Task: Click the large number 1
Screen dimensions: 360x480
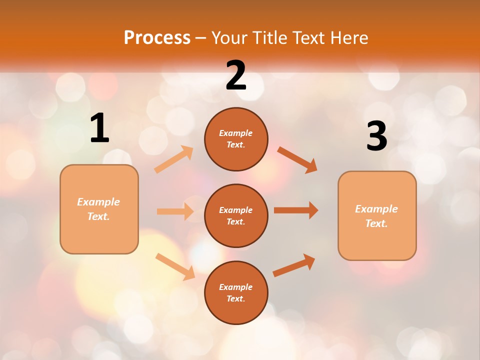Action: (x=99, y=128)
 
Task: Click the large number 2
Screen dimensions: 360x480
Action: (x=236, y=75)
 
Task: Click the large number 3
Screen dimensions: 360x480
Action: (x=376, y=136)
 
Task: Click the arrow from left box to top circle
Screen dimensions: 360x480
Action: (x=174, y=159)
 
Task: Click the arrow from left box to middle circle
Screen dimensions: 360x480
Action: (x=175, y=211)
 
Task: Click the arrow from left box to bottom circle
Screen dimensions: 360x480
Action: (x=175, y=266)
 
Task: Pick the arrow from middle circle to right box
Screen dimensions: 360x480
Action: (x=296, y=210)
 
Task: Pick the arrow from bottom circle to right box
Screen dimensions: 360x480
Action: (x=294, y=265)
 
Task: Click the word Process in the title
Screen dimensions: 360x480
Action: (x=157, y=37)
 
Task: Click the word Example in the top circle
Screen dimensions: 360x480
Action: (x=236, y=133)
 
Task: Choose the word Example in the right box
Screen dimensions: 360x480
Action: (x=376, y=209)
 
